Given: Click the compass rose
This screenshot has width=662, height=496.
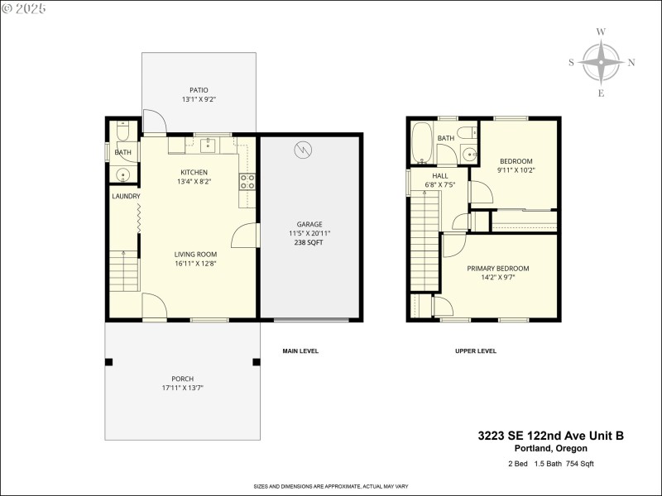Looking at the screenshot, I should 601,62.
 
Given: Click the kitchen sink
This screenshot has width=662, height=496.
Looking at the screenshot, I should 208,145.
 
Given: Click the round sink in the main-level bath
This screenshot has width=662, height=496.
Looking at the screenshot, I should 122,174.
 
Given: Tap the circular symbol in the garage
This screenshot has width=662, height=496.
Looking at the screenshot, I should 303,150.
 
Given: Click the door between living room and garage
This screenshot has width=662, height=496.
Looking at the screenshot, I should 245,236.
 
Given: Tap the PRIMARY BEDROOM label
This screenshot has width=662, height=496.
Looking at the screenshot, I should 497,269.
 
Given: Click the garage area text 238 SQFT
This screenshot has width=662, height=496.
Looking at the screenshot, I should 309,244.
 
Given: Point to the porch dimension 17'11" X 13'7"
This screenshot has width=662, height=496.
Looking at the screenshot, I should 183,388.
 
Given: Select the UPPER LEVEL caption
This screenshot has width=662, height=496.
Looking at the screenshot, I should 476,351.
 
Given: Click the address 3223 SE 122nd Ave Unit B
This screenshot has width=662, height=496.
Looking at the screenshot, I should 550,435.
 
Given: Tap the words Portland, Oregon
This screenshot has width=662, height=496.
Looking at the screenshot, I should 550,448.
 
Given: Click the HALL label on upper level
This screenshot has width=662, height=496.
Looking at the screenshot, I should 440,176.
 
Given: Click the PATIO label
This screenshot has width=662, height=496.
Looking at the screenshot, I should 199,90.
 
